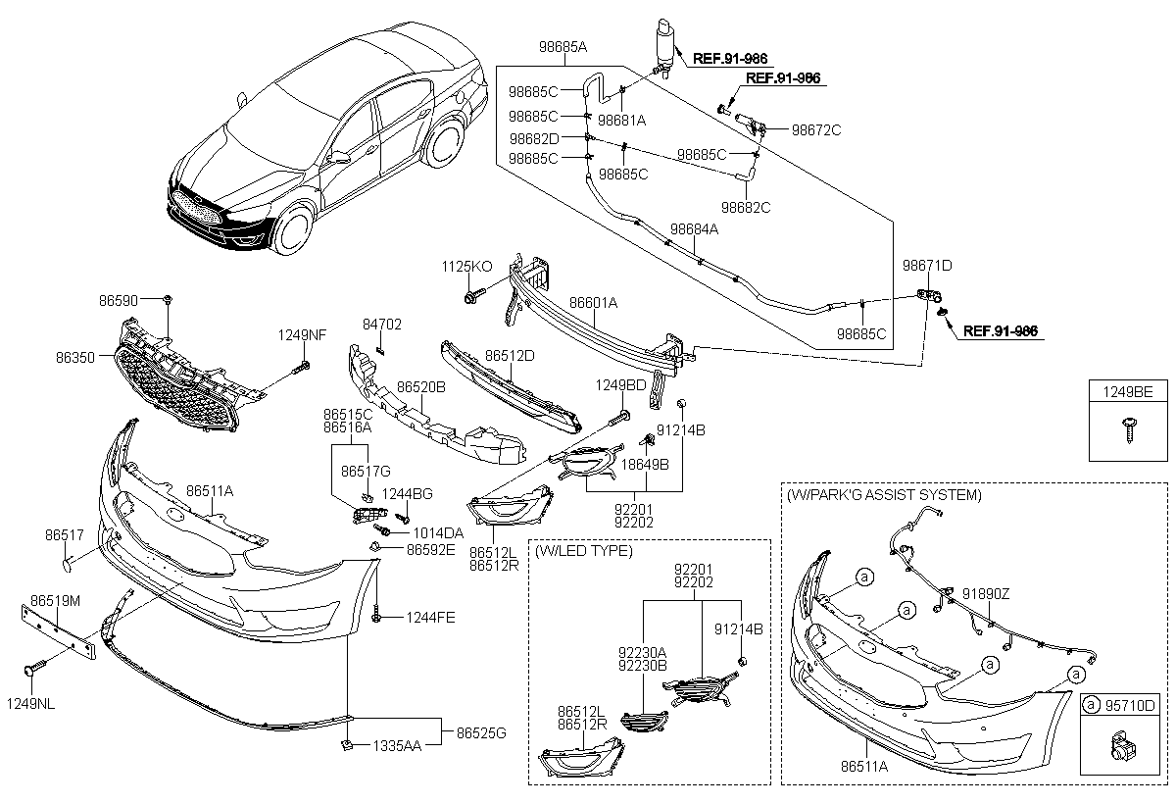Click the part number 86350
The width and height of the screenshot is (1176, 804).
(75, 359)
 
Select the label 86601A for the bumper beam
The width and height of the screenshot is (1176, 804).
(593, 303)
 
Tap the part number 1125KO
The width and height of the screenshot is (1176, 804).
(466, 266)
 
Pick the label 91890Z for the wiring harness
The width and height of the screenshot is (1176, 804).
(985, 593)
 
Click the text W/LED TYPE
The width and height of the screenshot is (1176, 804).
(584, 551)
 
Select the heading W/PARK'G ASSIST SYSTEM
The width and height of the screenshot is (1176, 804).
(883, 495)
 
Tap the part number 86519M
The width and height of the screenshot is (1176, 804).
(55, 599)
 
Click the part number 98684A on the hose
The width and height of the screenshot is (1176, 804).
(694, 228)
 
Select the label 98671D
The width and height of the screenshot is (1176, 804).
(927, 266)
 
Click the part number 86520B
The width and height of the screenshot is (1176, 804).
(420, 387)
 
